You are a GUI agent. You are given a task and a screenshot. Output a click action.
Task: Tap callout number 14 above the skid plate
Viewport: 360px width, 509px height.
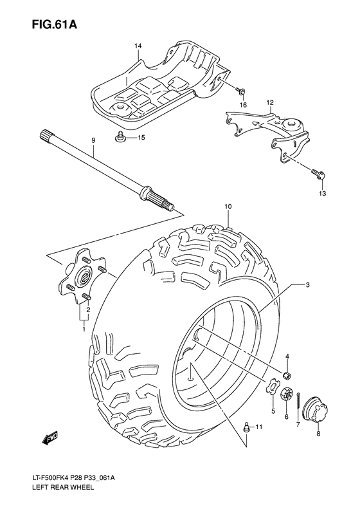point(138,46)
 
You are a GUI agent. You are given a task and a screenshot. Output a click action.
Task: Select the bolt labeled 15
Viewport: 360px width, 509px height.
point(120,136)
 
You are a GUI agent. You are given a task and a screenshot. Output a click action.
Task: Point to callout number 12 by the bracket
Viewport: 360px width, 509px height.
point(270,102)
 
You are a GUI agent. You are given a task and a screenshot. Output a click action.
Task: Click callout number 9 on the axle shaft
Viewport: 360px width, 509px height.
point(93,140)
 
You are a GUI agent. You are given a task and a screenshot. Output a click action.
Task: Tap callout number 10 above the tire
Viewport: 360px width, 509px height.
point(228,207)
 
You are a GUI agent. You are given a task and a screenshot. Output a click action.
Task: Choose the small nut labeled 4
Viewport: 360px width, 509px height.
point(289,376)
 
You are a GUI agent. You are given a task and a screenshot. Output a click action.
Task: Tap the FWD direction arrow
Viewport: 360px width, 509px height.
point(50,440)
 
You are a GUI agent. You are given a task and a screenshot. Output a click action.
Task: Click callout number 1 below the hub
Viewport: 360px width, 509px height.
point(82,329)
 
